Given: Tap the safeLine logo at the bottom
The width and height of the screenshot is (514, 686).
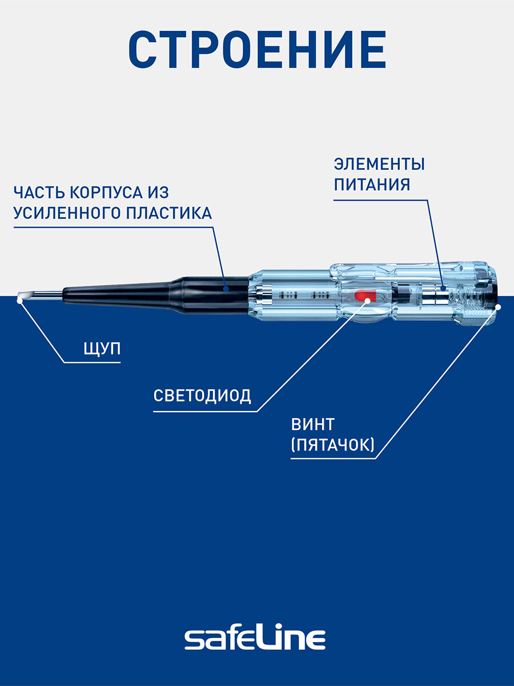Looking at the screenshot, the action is click(255, 638).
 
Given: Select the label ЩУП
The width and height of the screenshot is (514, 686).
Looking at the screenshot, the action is click(102, 349).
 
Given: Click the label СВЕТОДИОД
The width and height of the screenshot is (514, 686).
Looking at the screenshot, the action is click(202, 396).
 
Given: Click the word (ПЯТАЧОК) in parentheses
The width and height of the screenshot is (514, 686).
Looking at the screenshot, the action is click(333, 446).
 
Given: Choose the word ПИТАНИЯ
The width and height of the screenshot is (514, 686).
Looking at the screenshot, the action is click(372, 185).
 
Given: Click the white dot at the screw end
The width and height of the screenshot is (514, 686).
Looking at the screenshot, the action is click(497, 307).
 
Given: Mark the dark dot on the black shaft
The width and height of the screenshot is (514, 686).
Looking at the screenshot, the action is click(226, 289).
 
